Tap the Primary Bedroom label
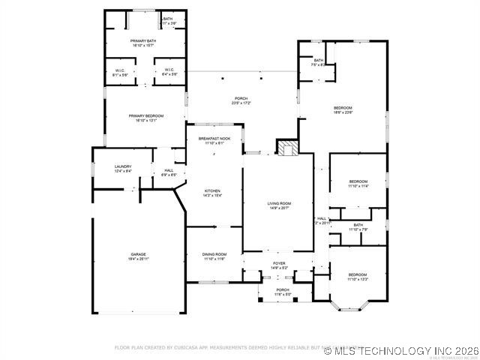coord(145,117)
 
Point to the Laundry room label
coord(123,168)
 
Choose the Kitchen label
coord(213,193)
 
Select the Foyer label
coord(279,264)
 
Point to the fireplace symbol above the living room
coord(287,147)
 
